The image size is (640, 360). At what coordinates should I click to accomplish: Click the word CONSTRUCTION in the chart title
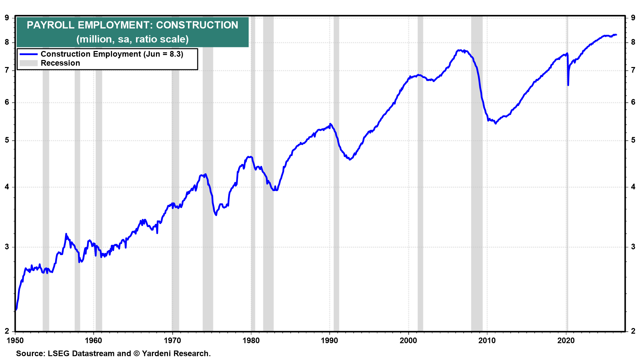[x=197, y=25]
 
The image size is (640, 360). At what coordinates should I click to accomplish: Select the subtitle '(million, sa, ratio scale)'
[x=132, y=39]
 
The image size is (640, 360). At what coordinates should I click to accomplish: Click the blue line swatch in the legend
[x=28, y=54]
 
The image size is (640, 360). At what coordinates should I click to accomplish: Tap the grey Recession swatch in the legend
[x=28, y=63]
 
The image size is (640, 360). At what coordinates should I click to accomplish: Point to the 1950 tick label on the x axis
[x=15, y=340]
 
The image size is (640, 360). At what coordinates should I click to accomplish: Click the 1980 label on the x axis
[x=251, y=340]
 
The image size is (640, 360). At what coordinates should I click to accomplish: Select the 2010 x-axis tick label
[x=487, y=340]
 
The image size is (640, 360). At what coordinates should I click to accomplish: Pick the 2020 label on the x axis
[x=566, y=340]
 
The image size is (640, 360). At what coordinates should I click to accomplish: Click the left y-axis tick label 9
[x=7, y=18]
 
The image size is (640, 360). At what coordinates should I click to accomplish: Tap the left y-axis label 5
[x=7, y=140]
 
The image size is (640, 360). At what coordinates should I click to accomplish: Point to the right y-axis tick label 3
[x=633, y=247]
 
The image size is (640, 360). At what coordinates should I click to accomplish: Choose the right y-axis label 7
[x=633, y=70]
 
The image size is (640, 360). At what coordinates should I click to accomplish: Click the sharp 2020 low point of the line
[x=568, y=85]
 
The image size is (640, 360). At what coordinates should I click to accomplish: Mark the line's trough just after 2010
[x=496, y=124]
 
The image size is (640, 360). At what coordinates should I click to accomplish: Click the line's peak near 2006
[x=460, y=50]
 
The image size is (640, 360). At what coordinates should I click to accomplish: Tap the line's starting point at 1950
[x=16, y=310]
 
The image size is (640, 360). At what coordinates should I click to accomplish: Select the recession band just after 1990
[x=336, y=173]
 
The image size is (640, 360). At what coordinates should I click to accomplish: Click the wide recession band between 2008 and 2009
[x=477, y=173]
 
